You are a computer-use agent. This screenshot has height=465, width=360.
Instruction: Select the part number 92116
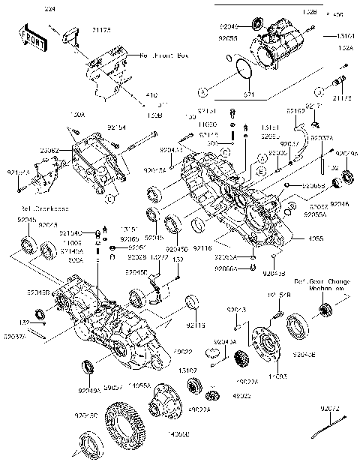click(203, 247)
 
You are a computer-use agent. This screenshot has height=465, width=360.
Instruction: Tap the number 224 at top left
click(49, 7)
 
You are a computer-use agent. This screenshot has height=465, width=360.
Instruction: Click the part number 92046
click(339, 203)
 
